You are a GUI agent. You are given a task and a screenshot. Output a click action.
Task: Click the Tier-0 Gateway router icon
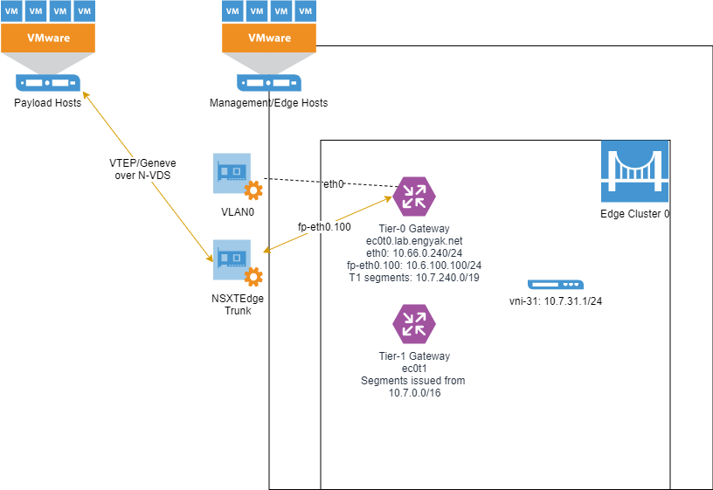tap(414, 196)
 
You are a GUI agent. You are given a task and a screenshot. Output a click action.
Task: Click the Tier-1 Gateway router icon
tap(414, 323)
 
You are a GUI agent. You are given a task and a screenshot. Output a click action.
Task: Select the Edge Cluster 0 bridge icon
tap(634, 174)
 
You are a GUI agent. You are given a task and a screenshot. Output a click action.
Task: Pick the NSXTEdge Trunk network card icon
tap(232, 259)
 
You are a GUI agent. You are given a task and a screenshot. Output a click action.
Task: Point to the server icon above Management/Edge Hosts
tap(269, 84)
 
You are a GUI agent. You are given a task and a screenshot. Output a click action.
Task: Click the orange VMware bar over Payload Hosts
tap(47, 38)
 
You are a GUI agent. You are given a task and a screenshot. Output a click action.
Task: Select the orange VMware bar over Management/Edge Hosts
tap(269, 38)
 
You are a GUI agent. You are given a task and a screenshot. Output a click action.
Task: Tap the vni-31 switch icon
tap(555, 285)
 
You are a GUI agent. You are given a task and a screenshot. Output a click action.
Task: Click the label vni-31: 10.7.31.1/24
tap(555, 301)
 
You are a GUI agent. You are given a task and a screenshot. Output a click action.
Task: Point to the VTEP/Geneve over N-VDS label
tap(135, 169)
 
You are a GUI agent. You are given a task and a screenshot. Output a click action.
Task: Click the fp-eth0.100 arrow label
tap(324, 227)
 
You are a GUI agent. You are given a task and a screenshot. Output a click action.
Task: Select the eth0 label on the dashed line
tap(334, 184)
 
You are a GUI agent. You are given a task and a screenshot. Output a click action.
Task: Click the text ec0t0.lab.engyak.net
tap(414, 240)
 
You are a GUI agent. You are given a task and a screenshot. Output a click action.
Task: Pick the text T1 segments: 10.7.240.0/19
tap(414, 277)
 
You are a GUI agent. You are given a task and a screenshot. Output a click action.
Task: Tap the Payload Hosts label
tap(47, 103)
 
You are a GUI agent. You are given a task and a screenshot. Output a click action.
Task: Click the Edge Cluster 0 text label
tap(634, 214)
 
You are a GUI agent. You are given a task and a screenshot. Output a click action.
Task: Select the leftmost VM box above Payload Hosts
tap(11, 12)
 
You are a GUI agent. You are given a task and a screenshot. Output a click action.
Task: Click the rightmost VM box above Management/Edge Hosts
tap(306, 12)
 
